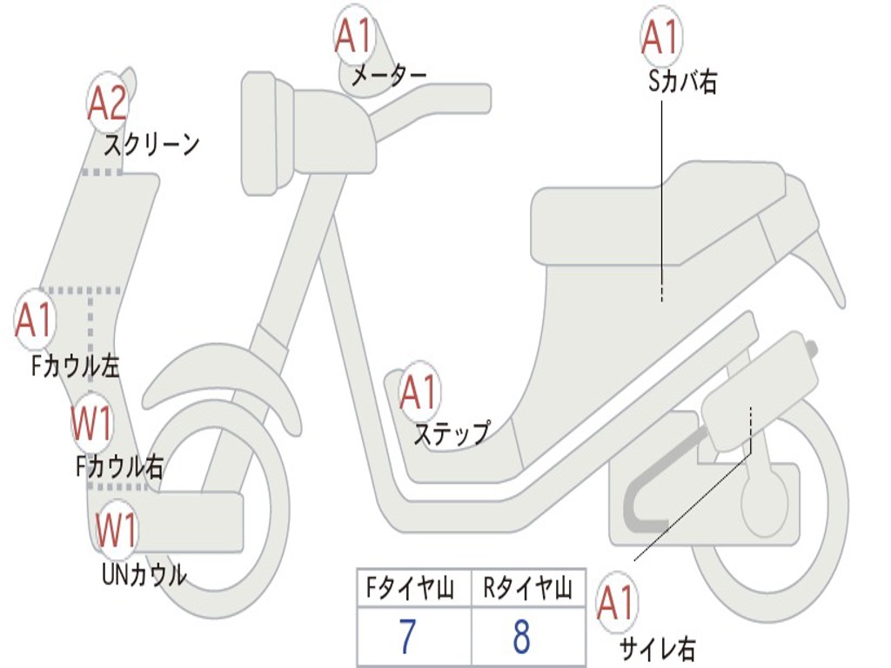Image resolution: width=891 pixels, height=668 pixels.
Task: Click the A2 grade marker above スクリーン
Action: click(108, 104)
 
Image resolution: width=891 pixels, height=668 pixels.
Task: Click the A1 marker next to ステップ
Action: click(419, 393)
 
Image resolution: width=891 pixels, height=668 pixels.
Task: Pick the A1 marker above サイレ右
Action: click(616, 602)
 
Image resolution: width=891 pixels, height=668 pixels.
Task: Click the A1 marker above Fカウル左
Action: click(35, 320)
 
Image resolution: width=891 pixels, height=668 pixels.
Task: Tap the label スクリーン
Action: click(152, 144)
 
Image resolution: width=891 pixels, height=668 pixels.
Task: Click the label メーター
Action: click(388, 77)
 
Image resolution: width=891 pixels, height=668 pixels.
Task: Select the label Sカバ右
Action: click(682, 83)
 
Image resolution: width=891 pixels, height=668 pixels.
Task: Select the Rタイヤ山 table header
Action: click(527, 590)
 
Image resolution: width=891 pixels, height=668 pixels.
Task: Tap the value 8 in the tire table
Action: click(522, 637)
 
